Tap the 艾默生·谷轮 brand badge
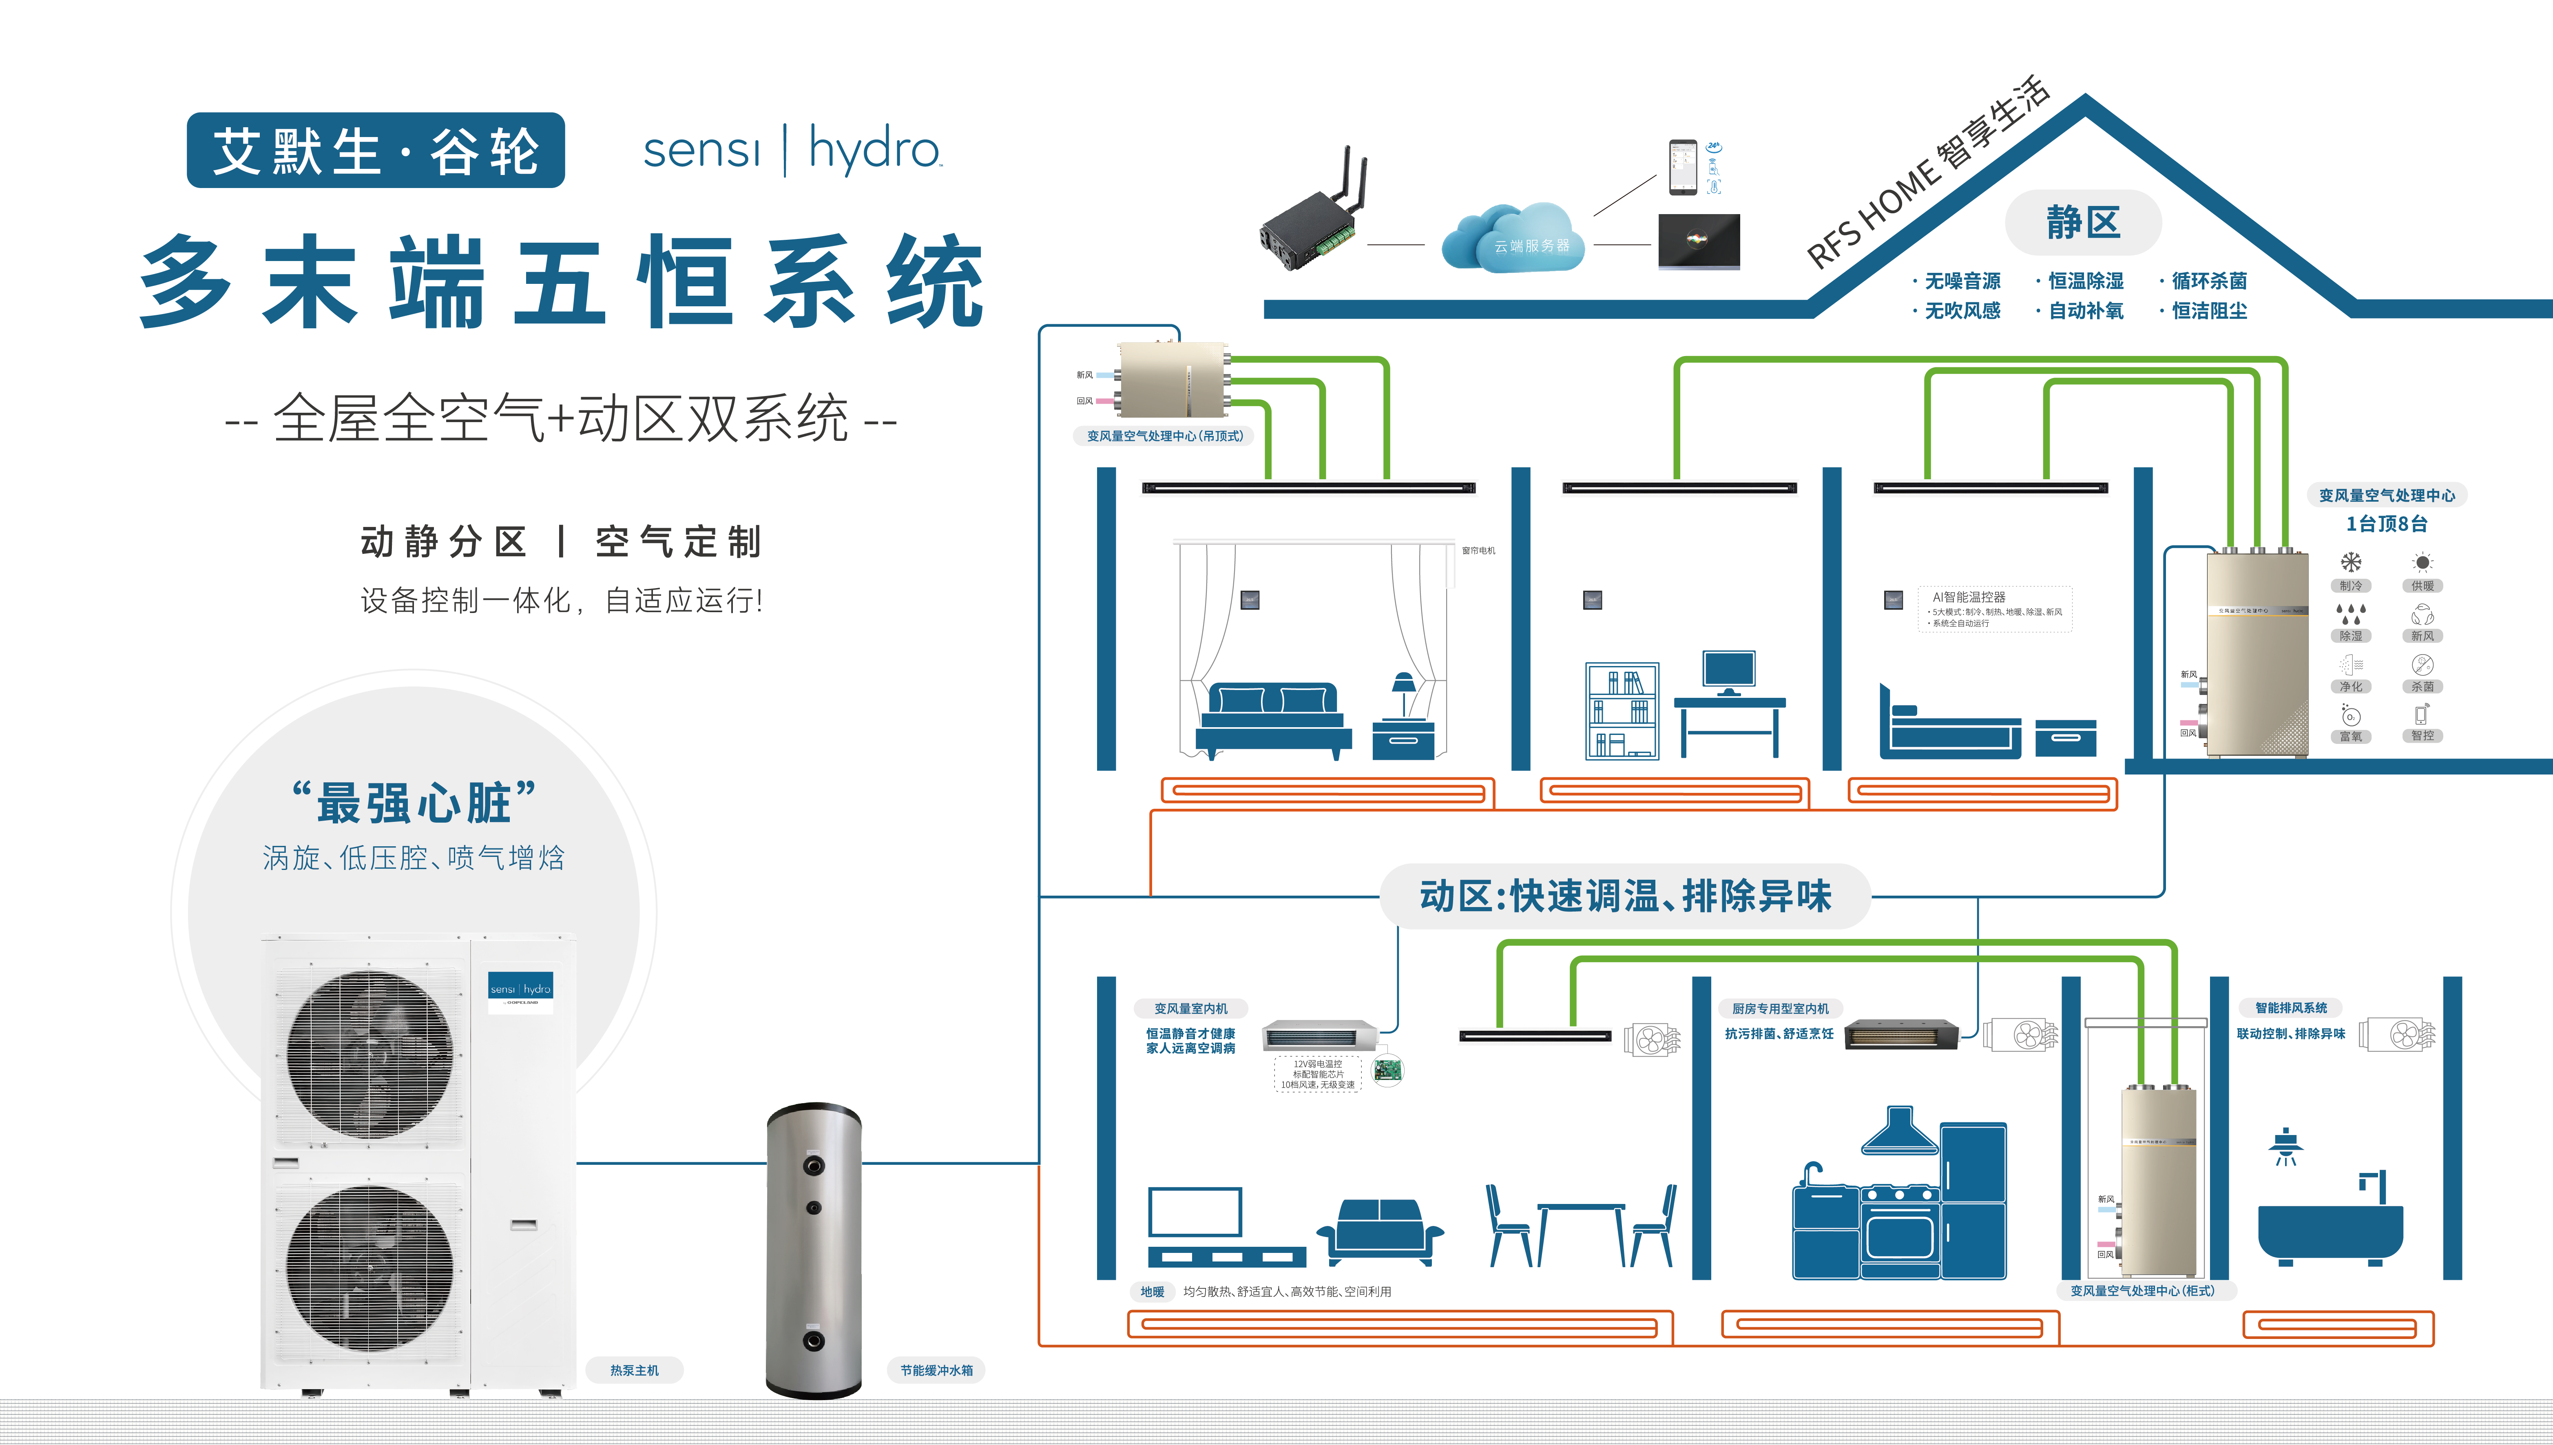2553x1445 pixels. point(375,151)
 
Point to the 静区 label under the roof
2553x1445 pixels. point(2083,222)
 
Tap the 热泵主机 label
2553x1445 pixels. point(634,1370)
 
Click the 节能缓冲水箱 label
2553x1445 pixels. point(936,1370)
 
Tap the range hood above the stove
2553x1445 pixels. point(1899,1133)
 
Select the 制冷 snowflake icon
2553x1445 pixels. point(2351,563)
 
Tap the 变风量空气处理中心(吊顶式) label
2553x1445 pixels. point(1164,436)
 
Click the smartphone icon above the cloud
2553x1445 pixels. point(1682,167)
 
